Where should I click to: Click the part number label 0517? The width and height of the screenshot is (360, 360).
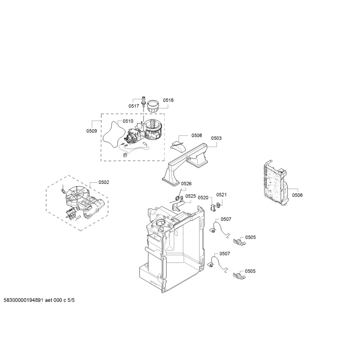[134, 106]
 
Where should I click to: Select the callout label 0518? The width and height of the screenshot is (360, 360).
[168, 100]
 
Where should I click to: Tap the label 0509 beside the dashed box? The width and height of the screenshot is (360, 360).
[92, 131]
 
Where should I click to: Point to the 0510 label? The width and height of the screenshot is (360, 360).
[128, 121]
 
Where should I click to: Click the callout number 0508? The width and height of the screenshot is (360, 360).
[197, 135]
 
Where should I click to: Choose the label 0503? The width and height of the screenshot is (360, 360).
[216, 138]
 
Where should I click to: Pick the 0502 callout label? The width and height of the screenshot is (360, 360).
[104, 182]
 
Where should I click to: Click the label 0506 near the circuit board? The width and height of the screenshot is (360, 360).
[297, 195]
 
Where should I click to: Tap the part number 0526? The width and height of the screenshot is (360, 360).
[186, 184]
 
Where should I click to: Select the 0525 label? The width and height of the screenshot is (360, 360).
[191, 196]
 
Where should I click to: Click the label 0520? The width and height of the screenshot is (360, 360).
[203, 198]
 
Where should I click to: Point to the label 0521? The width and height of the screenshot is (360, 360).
[221, 195]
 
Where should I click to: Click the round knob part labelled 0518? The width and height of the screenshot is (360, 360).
[153, 106]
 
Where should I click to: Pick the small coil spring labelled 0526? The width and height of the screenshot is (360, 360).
[177, 198]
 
